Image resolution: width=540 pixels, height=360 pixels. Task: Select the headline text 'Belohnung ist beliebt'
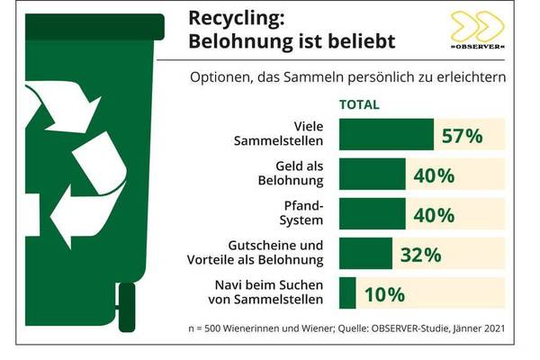point(279,43)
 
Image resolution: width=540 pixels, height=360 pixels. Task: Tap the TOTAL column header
point(358,104)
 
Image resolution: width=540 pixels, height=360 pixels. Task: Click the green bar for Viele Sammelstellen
point(385,135)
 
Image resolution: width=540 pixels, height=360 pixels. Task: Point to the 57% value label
point(462,136)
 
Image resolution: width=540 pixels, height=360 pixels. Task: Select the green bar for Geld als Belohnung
point(373,175)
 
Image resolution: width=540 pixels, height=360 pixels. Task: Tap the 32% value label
point(419,254)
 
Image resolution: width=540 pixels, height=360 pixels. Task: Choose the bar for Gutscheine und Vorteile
point(365,254)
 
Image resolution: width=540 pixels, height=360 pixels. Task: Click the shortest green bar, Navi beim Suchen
point(347,293)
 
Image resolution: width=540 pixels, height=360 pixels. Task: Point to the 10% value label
point(383,294)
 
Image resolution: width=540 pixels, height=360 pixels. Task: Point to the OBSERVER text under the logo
point(477,46)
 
